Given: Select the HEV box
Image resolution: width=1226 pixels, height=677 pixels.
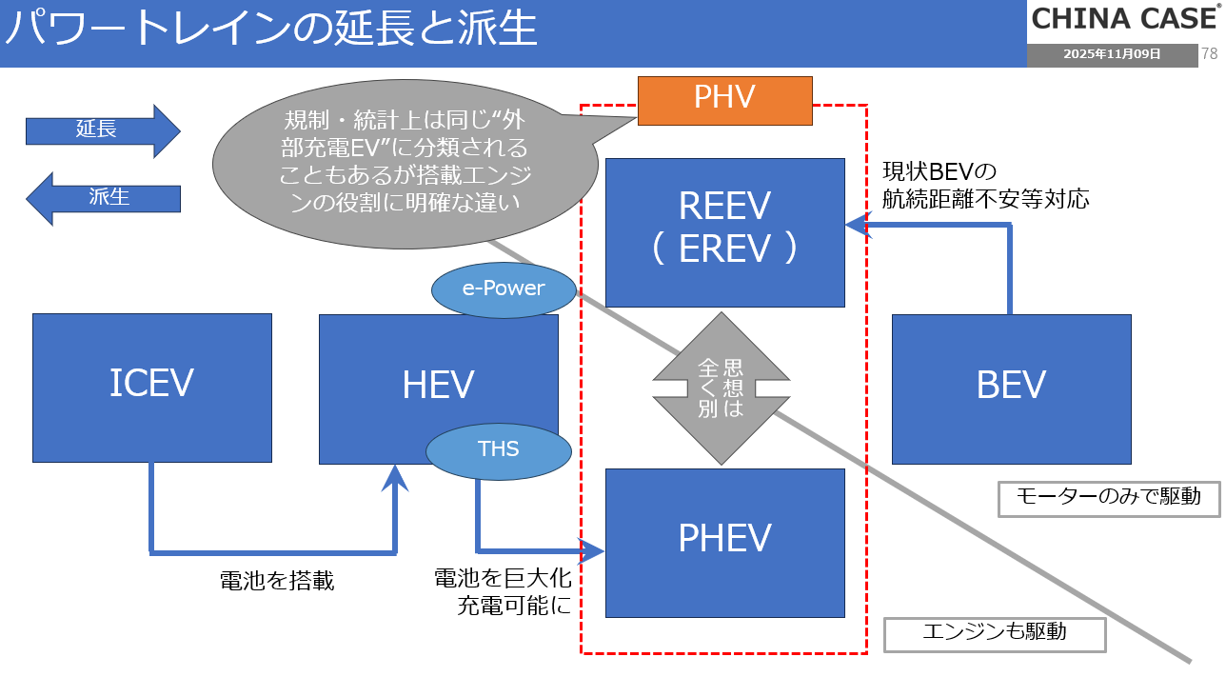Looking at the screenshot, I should click(438, 371).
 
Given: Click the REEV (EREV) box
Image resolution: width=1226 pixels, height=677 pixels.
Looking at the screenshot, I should click(725, 232).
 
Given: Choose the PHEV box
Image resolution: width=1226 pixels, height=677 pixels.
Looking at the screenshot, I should click(725, 542).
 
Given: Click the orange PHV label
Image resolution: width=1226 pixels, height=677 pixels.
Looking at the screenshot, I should click(725, 100).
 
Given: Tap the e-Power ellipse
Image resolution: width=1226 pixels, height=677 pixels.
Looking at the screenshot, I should click(504, 288).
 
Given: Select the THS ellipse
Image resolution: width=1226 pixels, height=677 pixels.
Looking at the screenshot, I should click(498, 449).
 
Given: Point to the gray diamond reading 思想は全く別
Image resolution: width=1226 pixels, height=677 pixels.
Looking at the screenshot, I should click(721, 388).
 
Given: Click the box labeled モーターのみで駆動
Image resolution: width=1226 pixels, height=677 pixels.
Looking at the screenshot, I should click(1109, 498).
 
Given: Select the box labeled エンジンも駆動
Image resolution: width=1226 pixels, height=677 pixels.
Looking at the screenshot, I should click(995, 634).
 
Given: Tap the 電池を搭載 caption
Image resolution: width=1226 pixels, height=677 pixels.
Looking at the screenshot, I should click(277, 581).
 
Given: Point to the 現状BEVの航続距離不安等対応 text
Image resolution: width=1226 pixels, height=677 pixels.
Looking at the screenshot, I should click(985, 186).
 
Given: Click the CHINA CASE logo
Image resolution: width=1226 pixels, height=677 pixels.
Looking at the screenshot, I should click(1124, 19).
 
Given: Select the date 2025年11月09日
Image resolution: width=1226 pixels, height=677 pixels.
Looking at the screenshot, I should click(1112, 54).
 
